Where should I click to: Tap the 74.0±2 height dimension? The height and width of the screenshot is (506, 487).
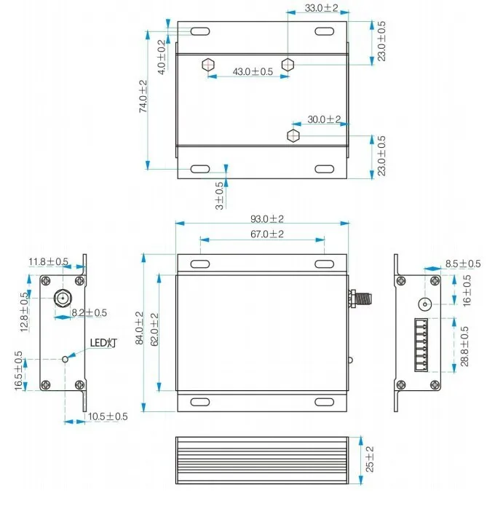point(143,95)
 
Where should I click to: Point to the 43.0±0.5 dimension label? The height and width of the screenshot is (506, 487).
point(252,71)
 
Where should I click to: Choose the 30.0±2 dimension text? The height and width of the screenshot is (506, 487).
point(324,119)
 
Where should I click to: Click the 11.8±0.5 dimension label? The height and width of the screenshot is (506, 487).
point(49,261)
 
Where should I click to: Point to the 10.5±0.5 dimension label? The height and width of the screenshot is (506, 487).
point(107,416)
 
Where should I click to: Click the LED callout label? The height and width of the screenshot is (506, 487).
point(103,342)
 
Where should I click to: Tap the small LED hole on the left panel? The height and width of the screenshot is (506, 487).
point(66,357)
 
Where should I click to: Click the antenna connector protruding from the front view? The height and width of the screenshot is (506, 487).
point(360,296)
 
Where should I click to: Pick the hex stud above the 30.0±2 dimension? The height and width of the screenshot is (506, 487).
point(293,135)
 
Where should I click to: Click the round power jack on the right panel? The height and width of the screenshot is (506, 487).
point(424,304)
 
